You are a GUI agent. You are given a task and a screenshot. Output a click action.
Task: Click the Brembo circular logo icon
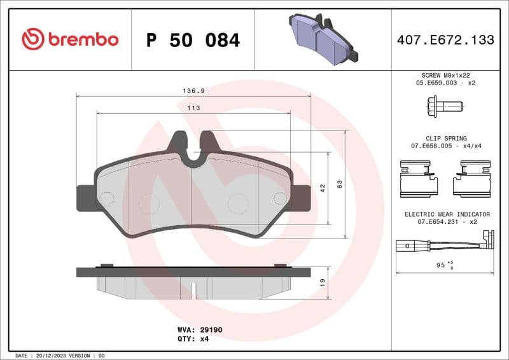click(32, 39)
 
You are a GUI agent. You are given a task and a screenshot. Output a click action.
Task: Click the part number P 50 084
click(193, 40)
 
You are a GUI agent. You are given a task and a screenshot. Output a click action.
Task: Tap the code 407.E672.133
click(445, 40)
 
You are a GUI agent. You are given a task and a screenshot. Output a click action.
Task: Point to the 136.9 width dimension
click(193, 91)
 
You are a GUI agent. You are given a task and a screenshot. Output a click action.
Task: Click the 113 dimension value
click(193, 108)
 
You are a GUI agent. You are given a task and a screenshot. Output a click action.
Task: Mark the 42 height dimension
click(323, 188)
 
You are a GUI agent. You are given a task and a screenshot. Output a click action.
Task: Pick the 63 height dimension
click(340, 184)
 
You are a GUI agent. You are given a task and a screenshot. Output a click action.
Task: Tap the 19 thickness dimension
click(323, 282)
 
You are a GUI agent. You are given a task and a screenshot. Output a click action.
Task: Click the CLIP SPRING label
click(446, 138)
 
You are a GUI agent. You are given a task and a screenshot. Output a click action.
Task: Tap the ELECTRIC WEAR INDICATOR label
click(447, 214)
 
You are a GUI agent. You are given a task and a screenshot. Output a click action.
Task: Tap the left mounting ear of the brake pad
click(86, 198)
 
